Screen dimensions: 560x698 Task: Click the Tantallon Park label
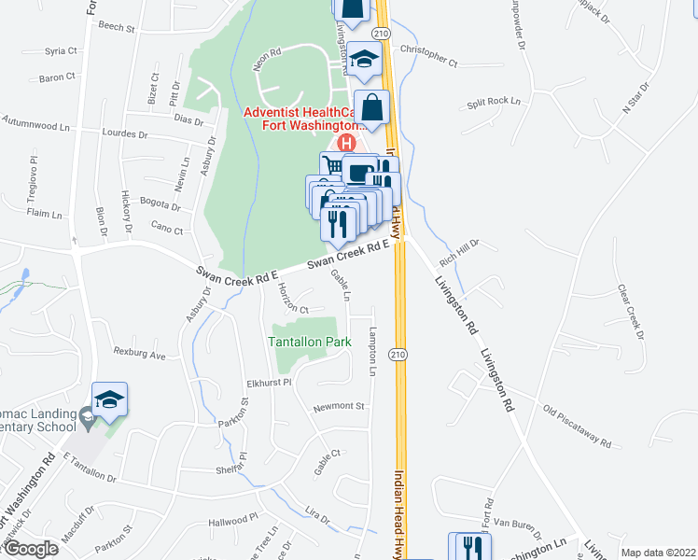coord(310,342)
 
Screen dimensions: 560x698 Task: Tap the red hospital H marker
coord(346,144)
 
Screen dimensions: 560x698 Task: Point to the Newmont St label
coord(339,407)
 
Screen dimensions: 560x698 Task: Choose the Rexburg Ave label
coord(139,354)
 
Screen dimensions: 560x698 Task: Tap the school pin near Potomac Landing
coord(109,400)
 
